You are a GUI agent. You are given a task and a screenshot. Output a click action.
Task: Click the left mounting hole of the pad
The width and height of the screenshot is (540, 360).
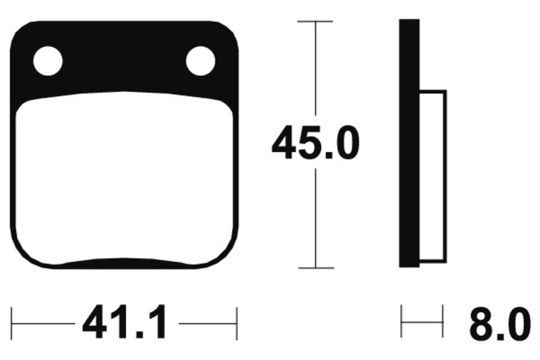[x=48, y=61]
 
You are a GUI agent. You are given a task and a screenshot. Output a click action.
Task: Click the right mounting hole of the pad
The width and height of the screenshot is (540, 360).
[x=200, y=61]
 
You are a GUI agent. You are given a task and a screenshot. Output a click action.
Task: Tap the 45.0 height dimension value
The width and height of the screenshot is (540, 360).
[x=315, y=143]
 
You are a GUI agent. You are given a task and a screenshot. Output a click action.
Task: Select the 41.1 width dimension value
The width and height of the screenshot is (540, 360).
[x=125, y=322]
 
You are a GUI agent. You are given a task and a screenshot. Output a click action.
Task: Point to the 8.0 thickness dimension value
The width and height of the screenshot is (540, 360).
[x=500, y=324]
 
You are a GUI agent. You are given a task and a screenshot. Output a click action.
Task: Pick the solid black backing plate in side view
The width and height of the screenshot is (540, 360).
[x=409, y=143]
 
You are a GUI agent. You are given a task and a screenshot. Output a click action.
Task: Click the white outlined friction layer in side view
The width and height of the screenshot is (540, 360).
[x=433, y=176]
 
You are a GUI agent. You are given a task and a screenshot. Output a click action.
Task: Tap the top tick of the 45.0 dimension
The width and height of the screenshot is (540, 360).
[x=315, y=22]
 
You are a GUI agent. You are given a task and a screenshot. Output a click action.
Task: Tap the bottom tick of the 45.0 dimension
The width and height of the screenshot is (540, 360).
[x=316, y=267]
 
